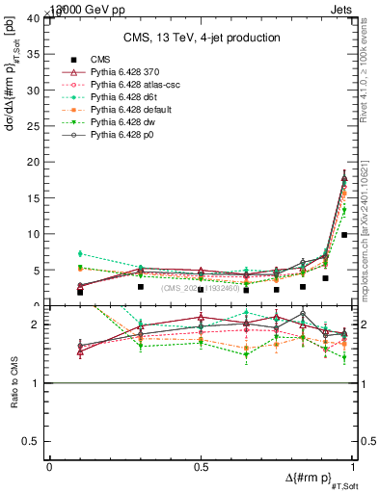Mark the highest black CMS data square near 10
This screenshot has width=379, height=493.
(344, 234)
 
